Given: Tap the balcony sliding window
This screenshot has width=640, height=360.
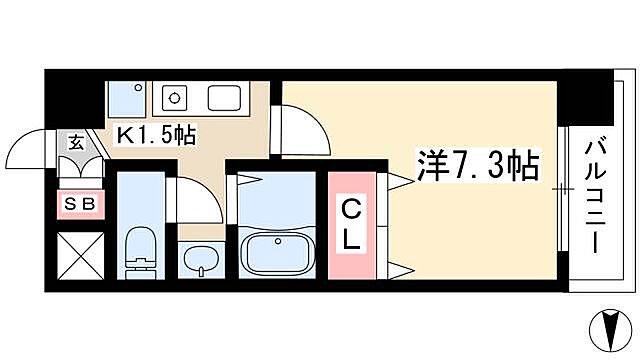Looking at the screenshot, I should [564, 189].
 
